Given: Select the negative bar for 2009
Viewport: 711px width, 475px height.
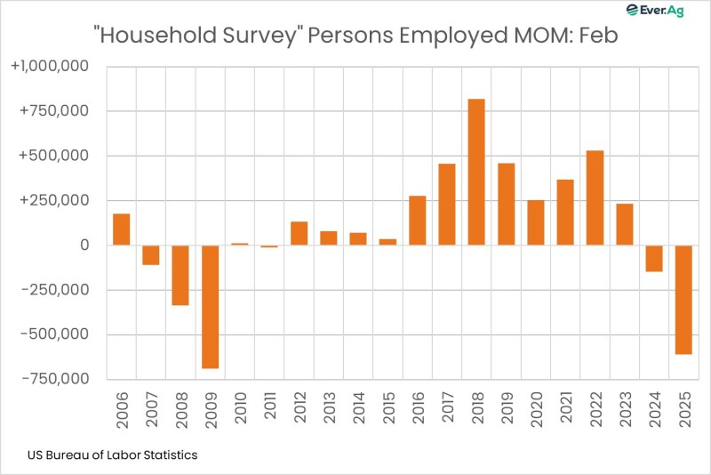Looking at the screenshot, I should tap(210, 306).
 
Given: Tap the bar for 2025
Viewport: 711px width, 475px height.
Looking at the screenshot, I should tap(683, 300).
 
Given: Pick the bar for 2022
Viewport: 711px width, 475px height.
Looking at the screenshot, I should tap(595, 197).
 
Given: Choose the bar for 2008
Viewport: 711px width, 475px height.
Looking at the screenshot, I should tap(180, 275).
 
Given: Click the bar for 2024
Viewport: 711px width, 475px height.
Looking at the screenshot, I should tap(654, 258).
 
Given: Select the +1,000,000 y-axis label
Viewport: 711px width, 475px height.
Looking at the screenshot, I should tap(60, 67).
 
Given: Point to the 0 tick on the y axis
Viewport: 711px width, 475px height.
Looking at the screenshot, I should tap(85, 246).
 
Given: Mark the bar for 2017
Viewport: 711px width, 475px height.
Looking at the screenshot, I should tap(447, 205).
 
